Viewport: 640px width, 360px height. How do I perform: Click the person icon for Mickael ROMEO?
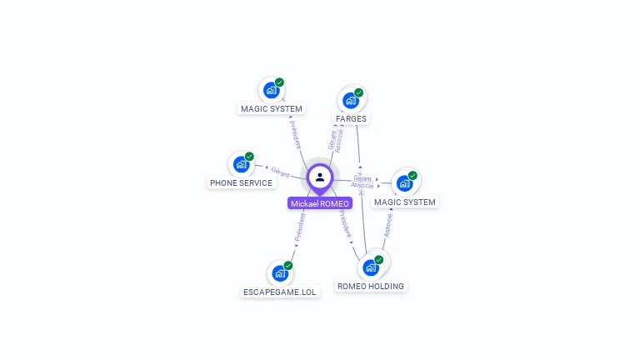point(320,177)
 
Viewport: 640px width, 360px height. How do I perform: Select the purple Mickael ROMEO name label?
point(320,203)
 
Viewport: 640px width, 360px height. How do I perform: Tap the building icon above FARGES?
point(351,100)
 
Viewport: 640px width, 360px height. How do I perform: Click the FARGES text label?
point(351,119)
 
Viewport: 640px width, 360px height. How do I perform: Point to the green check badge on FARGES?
point(359,92)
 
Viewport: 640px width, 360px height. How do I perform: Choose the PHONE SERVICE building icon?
point(241,164)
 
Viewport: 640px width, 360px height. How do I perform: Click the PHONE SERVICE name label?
point(241,182)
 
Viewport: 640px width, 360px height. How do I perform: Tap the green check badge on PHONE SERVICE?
point(249,157)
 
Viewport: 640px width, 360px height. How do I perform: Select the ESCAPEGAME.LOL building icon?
point(280,272)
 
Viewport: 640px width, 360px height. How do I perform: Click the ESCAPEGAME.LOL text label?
point(280,292)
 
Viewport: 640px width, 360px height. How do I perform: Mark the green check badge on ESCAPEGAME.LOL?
point(288,266)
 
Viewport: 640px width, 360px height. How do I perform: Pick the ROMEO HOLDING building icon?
point(371,267)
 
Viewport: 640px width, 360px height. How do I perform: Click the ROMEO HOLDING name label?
point(371,287)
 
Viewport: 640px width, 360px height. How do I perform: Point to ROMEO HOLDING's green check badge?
point(379,260)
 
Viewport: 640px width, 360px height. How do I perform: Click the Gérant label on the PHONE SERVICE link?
point(280,172)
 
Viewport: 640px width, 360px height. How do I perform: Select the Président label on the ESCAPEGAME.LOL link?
point(300,227)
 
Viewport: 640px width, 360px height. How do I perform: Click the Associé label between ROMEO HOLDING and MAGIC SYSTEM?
point(387,223)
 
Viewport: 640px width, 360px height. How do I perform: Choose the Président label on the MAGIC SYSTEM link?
point(296,134)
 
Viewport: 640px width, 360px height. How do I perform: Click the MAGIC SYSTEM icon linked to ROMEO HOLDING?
point(404,183)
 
